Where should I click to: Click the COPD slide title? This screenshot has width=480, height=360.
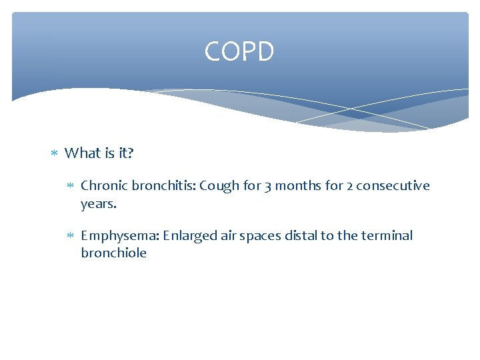tap(239, 51)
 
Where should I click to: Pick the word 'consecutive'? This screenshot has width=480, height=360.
tap(393, 186)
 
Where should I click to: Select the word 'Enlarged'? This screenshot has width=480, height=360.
tap(189, 236)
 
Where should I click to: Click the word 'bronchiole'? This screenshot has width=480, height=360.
tap(113, 253)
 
